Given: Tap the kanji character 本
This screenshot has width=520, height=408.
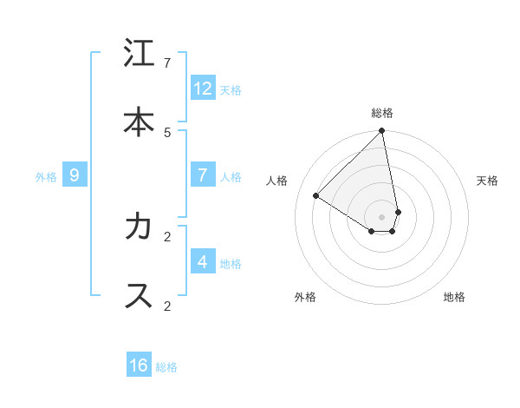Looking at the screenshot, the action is (x=139, y=122).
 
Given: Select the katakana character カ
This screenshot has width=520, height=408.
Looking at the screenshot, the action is (x=139, y=227).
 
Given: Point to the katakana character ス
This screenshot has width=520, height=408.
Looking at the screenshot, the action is (x=139, y=295).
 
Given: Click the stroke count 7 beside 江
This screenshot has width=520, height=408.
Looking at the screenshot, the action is (x=167, y=63).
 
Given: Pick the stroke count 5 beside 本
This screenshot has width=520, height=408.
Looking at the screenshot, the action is (x=167, y=132).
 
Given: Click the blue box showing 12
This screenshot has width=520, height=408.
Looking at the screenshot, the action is (x=202, y=89).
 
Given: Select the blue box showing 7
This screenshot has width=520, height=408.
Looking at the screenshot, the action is (x=202, y=175).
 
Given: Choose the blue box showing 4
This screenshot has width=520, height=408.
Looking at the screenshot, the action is (x=202, y=261).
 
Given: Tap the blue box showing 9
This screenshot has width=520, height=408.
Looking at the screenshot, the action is (x=75, y=175).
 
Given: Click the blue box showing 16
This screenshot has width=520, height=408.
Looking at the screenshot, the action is (x=139, y=365).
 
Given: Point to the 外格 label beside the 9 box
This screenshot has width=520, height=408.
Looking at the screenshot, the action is (x=46, y=177).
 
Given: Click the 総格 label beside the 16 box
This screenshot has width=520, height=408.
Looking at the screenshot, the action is (x=166, y=367).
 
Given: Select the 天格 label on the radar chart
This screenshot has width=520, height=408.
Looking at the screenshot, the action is (x=487, y=181).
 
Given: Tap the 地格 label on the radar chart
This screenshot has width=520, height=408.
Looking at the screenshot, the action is (x=454, y=297).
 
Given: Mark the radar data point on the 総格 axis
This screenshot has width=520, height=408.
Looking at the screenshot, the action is (x=381, y=132).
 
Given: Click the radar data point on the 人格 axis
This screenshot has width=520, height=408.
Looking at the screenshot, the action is (x=316, y=195).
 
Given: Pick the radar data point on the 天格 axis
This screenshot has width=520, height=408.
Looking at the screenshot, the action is (x=398, y=212).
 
